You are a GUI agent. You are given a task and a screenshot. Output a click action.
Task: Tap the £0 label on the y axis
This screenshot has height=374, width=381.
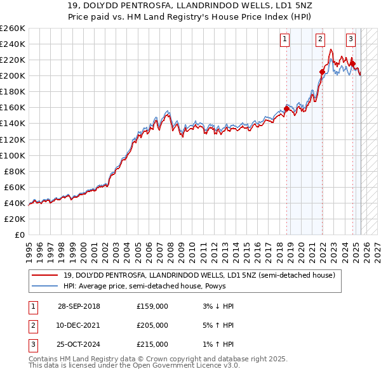point(19,235)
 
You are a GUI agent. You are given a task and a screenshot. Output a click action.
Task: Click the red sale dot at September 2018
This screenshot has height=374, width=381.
point(286,108)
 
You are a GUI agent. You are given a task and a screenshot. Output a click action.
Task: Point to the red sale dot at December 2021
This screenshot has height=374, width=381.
point(321,72)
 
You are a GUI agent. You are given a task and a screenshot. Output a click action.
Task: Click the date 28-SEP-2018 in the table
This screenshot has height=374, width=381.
point(79,307)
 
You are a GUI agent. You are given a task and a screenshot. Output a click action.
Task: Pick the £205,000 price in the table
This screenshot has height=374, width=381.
point(152,325)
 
